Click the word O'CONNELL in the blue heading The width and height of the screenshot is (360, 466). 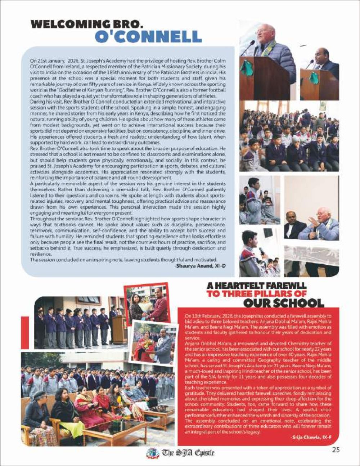coord(148,37)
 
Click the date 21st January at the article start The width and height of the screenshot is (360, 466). coord(47,62)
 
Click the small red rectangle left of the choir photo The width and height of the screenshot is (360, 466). coord(25,332)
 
